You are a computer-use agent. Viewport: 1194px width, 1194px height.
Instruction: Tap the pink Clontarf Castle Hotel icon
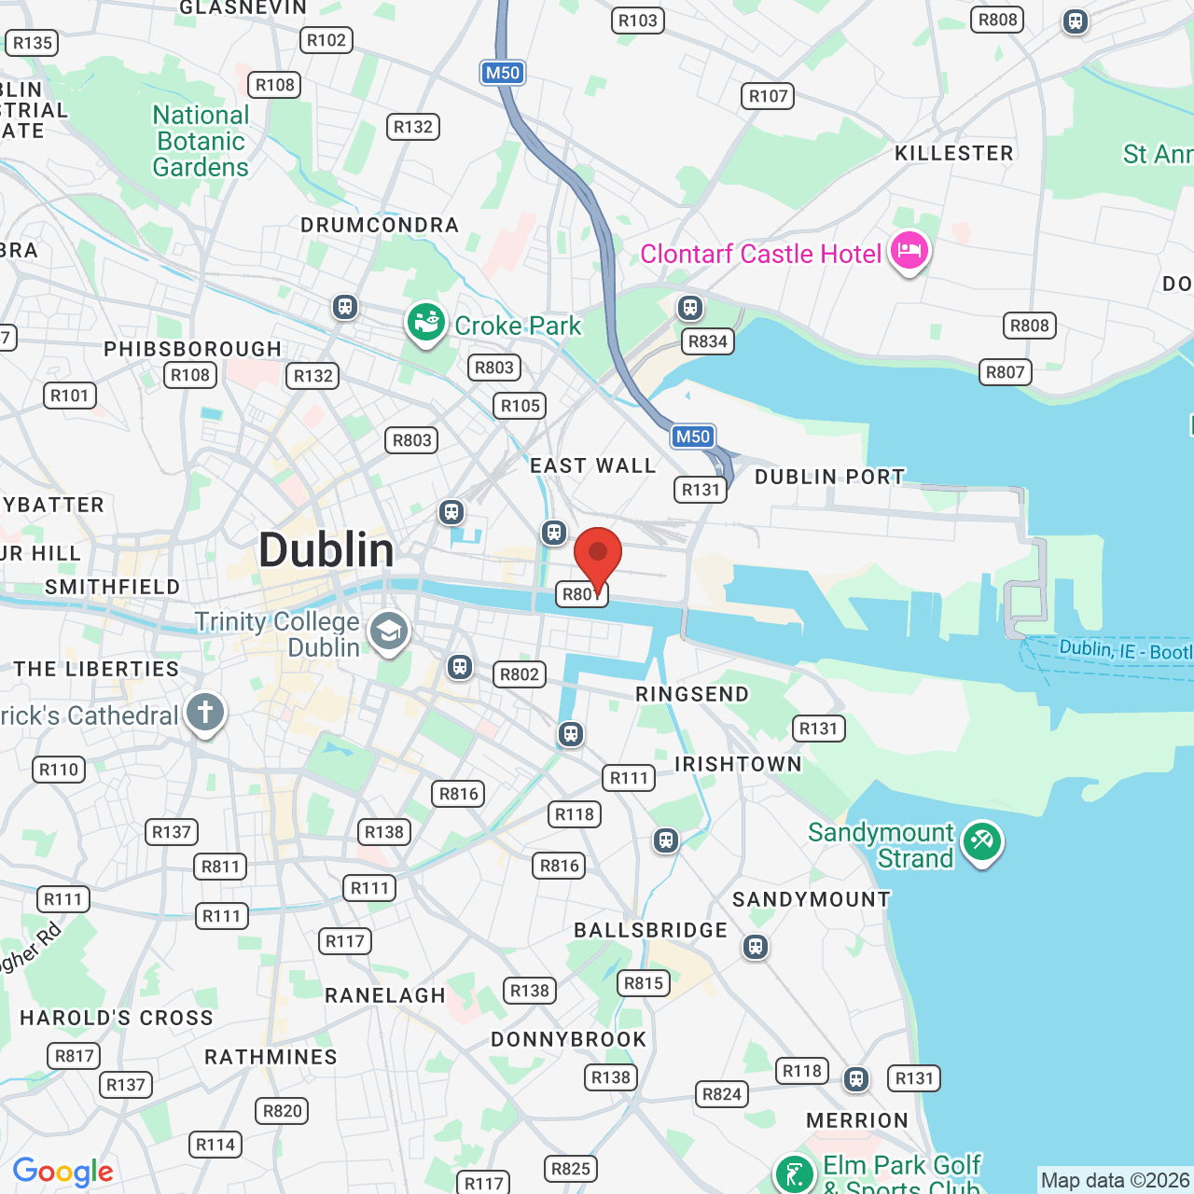(909, 251)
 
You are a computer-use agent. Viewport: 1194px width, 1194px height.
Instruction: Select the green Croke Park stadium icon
(425, 324)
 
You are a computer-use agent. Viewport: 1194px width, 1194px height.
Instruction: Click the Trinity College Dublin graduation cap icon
(389, 632)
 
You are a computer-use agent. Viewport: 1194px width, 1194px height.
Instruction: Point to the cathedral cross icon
(205, 714)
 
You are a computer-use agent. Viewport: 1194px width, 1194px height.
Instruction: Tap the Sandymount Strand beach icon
(981, 842)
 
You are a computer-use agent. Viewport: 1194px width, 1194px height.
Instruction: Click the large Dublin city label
(326, 550)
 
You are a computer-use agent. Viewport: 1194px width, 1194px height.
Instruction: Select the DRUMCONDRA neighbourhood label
(380, 226)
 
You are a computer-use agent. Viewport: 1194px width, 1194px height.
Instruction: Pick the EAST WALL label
(593, 466)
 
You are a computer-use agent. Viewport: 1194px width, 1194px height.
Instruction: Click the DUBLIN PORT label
(829, 477)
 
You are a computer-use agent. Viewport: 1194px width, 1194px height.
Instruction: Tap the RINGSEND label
(692, 694)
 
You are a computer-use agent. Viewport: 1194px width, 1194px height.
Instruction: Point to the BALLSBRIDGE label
(650, 930)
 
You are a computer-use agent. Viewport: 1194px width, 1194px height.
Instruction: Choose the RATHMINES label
(271, 1057)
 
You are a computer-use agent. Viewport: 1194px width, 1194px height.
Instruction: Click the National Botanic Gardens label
(201, 142)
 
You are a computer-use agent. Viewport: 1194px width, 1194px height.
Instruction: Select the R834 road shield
(708, 341)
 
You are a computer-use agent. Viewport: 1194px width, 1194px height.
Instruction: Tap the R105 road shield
(521, 406)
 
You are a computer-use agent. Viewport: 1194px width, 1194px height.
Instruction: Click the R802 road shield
(520, 674)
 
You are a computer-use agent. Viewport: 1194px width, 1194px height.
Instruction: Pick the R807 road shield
(1006, 372)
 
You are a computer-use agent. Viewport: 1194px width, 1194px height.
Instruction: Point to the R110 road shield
(59, 770)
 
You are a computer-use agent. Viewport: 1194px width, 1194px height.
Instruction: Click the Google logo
(62, 1172)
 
